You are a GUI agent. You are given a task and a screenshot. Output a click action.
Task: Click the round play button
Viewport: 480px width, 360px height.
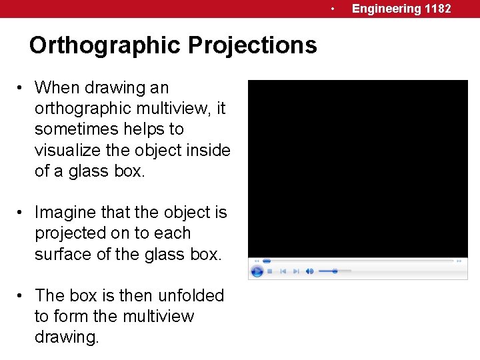(x=257, y=271)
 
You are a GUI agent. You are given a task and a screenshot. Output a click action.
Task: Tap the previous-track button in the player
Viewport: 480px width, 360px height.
(x=283, y=271)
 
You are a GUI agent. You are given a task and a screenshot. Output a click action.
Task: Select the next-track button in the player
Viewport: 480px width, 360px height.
(x=297, y=271)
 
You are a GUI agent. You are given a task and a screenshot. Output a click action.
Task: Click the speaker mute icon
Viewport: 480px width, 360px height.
(x=310, y=271)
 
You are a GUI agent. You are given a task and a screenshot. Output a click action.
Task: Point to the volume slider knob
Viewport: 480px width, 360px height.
(x=335, y=271)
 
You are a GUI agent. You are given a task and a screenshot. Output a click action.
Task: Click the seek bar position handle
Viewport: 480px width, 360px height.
(x=267, y=261)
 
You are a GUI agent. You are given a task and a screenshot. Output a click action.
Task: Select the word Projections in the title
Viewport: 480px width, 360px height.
(x=252, y=45)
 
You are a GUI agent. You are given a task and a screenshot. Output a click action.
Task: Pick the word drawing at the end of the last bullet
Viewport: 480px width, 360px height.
(x=67, y=337)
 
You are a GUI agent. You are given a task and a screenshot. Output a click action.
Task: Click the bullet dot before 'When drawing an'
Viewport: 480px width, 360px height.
(x=22, y=88)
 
